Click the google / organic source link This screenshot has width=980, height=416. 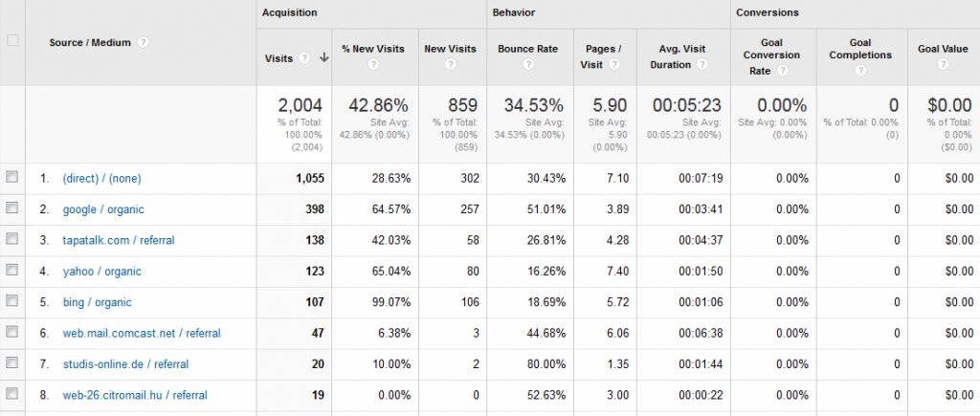[x=103, y=209]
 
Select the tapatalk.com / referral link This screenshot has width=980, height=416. [x=119, y=240]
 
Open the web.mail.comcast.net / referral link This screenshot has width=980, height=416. [x=142, y=333]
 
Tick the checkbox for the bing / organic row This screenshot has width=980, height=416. [x=11, y=301]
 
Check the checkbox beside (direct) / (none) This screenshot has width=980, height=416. [x=11, y=178]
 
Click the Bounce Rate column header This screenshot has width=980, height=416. [x=527, y=49]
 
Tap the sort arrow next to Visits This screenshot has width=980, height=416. [x=323, y=58]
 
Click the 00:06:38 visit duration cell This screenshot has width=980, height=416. [x=686, y=333]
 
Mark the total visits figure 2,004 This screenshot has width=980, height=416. [x=300, y=105]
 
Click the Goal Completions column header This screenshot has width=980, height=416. [x=859, y=49]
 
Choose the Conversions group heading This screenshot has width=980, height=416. [x=768, y=12]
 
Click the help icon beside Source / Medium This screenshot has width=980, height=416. [x=143, y=42]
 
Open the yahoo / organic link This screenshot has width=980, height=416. [x=102, y=272]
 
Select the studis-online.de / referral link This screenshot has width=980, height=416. [x=125, y=364]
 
